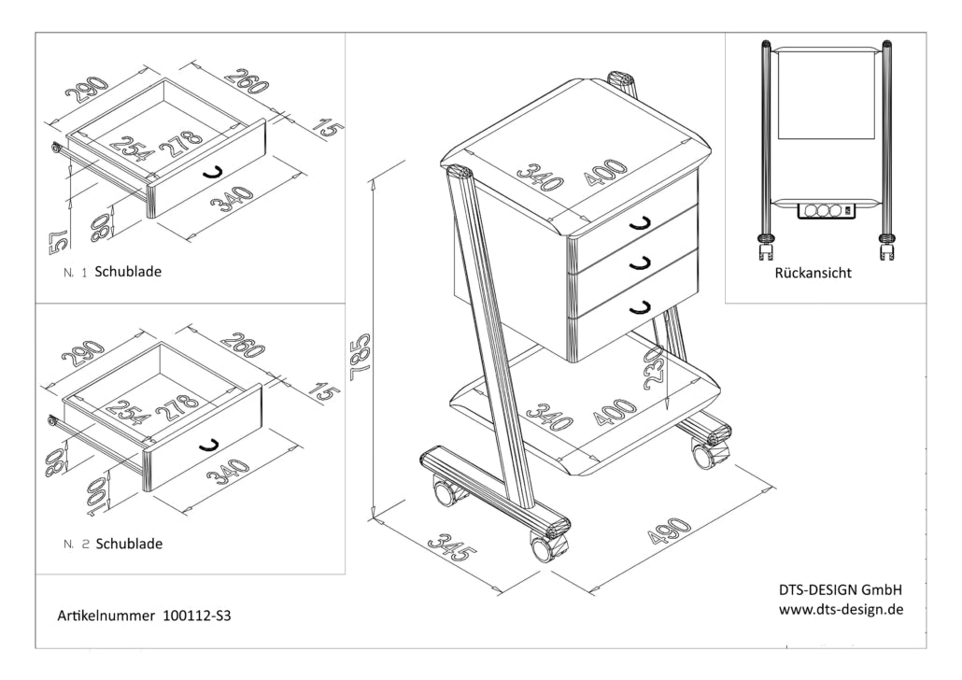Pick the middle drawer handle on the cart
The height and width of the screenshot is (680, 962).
(x=640, y=265)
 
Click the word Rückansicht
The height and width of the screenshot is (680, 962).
(x=813, y=275)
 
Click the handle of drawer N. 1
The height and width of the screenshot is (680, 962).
(x=212, y=171)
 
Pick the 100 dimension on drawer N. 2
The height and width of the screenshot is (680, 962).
(x=96, y=493)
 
